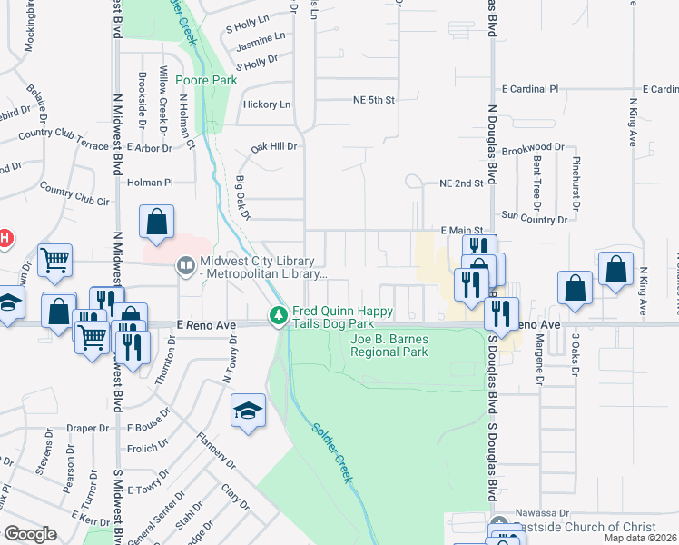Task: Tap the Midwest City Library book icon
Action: (185, 264)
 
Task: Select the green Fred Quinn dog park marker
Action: (278, 316)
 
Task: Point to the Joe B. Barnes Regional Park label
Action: (389, 345)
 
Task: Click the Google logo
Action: (30, 533)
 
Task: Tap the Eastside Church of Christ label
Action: (580, 528)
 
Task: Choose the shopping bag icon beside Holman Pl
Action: (157, 221)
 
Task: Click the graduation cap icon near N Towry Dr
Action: (248, 410)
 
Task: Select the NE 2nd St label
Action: (460, 183)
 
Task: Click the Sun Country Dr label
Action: (534, 218)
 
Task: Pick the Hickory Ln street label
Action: (267, 104)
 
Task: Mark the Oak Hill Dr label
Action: (274, 146)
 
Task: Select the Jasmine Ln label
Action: (260, 36)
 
